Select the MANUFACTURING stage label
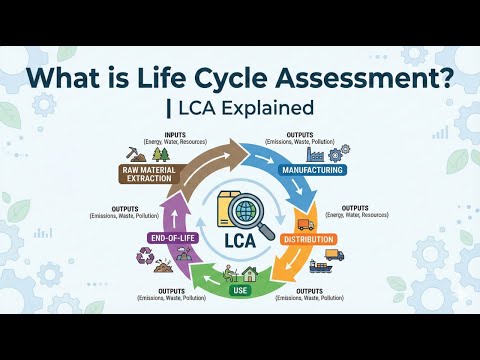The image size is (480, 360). click(313, 170)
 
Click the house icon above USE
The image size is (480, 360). click(248, 272)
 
